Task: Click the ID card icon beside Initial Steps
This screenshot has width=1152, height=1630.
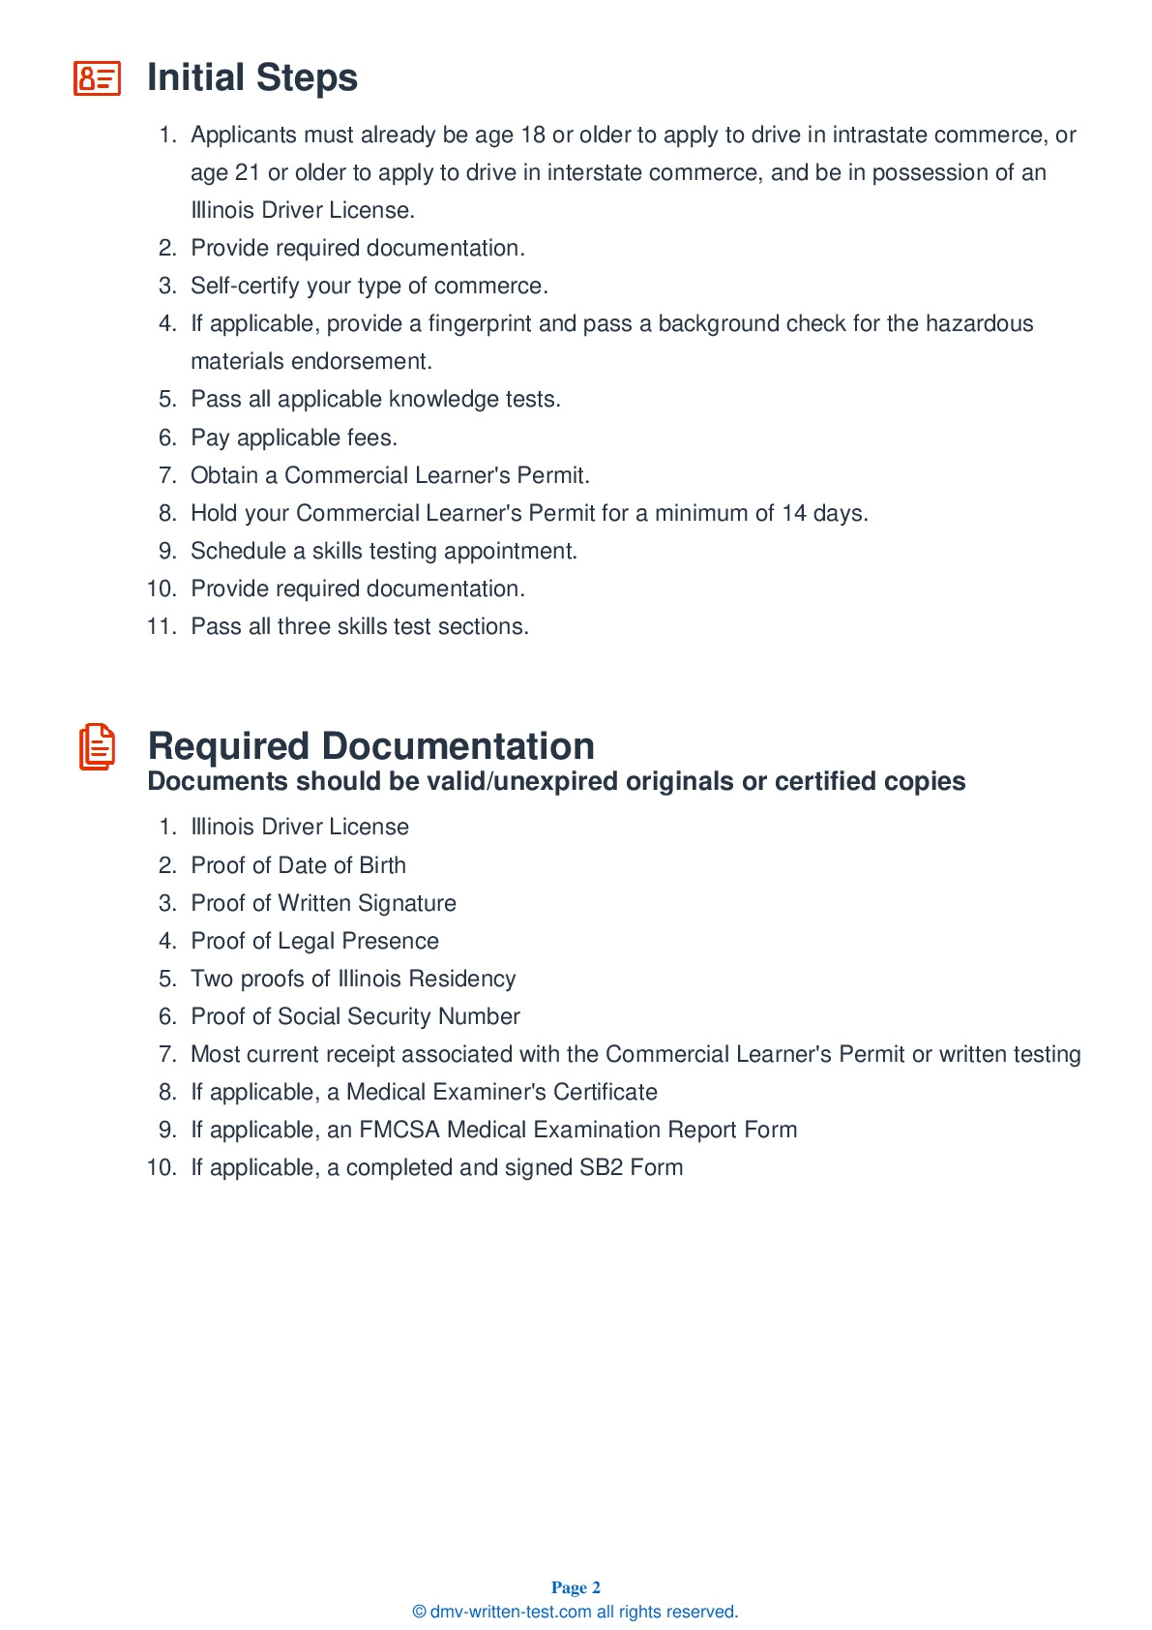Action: (97, 77)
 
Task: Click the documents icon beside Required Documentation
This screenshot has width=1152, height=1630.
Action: (97, 747)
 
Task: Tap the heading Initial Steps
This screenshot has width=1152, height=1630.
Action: (252, 77)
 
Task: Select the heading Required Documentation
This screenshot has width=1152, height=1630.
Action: (370, 746)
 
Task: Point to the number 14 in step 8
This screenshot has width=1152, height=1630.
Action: (794, 513)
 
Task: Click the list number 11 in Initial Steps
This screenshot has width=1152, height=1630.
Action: (161, 626)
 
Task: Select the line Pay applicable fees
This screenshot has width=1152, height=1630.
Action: (294, 438)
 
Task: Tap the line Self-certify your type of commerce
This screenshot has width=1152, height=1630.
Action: (369, 286)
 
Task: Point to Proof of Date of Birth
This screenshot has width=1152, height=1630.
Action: (298, 865)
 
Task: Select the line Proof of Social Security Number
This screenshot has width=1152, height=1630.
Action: (355, 1016)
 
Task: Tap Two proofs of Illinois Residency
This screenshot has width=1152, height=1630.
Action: (353, 979)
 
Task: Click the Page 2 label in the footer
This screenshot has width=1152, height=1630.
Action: (576, 1587)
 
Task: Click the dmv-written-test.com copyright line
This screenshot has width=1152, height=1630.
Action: (576, 1612)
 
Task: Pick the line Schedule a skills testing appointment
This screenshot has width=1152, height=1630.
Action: (383, 551)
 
